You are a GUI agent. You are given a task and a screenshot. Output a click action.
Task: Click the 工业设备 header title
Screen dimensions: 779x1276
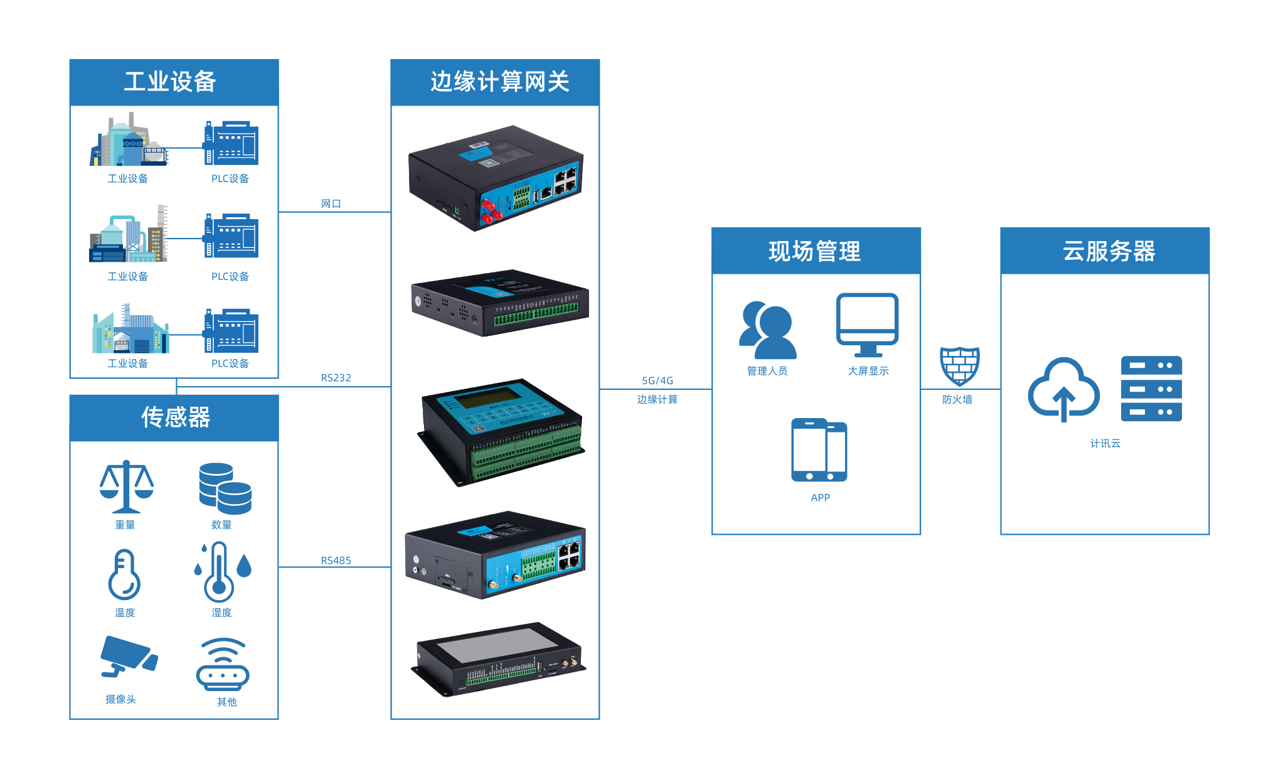(x=170, y=82)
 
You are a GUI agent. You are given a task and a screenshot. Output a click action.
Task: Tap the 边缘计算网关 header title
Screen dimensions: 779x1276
(x=499, y=82)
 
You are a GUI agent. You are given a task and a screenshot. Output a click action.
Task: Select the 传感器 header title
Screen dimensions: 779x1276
(x=175, y=417)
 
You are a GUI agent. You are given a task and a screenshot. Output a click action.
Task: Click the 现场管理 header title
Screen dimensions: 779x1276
(x=814, y=251)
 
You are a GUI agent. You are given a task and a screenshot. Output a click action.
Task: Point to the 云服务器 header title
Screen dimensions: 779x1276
(x=1109, y=251)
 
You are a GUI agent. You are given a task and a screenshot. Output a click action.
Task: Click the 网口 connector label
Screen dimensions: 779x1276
(x=331, y=204)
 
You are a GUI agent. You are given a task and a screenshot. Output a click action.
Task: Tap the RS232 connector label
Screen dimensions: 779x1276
(x=336, y=378)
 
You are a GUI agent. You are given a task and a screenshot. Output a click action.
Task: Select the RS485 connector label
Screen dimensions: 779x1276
(x=336, y=561)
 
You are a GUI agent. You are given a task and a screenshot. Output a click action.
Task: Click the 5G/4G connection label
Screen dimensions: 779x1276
(x=657, y=380)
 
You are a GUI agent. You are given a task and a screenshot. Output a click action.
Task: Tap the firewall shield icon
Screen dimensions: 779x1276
(x=959, y=366)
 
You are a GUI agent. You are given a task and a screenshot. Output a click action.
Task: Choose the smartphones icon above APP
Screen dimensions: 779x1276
(x=819, y=449)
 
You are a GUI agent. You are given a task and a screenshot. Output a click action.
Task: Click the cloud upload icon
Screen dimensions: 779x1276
(x=1063, y=389)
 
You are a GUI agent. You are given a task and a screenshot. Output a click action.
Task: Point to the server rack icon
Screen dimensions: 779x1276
(x=1151, y=389)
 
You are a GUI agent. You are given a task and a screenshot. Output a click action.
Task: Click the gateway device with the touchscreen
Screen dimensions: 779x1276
(x=499, y=658)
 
